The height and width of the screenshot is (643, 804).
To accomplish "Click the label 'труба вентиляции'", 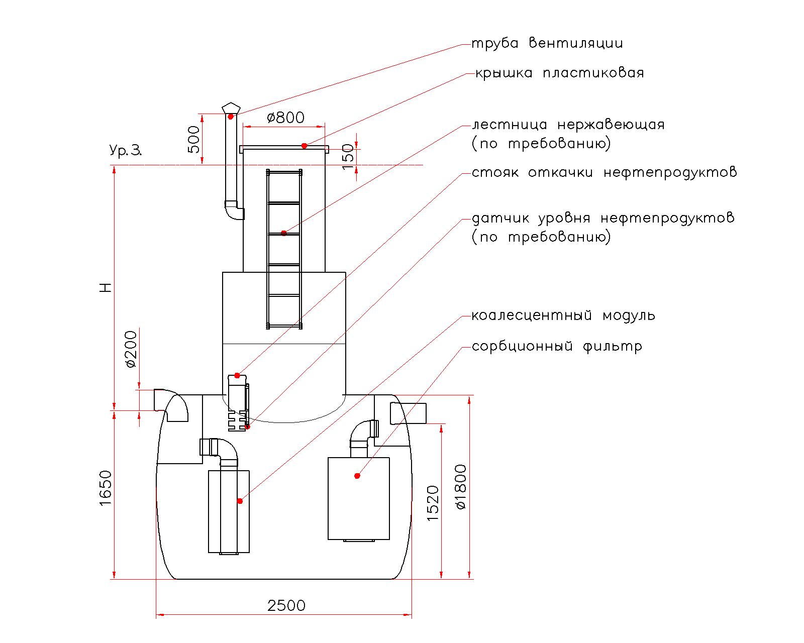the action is pos(547,43).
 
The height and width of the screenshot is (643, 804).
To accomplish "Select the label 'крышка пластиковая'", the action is pos(559,73).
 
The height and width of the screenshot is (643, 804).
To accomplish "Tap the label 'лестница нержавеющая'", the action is pos(568,125).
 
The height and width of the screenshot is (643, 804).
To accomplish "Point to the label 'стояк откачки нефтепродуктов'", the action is pos(605,172).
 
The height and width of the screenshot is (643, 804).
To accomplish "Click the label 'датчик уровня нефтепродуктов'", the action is pos(603,219).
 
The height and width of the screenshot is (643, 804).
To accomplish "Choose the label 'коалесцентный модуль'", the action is pos(563,315).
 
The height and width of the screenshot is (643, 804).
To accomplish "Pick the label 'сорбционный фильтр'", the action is pos(557,347).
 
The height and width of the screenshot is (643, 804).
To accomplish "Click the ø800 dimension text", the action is pos(285,118).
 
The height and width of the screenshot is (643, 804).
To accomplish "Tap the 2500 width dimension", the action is pos(286,606).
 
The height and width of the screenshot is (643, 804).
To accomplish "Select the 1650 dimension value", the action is pos(106,488).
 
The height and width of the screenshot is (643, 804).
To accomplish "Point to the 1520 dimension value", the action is pos(433,503).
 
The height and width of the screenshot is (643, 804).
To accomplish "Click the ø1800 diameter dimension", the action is pos(461,487).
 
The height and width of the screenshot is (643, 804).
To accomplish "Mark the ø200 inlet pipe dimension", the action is pos(131,349).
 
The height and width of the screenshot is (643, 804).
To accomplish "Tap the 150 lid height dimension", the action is pos(348,157).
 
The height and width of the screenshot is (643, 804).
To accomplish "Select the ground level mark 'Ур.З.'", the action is pos(126,150).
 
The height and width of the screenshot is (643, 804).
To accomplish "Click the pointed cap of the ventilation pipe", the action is pos(231,108).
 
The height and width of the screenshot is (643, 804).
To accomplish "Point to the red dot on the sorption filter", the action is pos(357,476).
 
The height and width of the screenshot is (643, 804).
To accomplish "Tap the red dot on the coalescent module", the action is pos(240,501).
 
